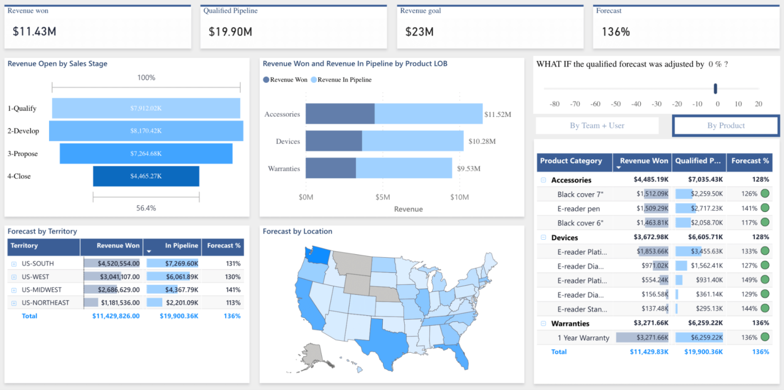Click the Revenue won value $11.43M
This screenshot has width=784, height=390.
coord(34,32)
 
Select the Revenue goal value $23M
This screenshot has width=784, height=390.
coord(419,32)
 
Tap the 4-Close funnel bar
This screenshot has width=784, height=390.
coord(146,176)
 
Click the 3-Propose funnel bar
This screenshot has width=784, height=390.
coord(146,153)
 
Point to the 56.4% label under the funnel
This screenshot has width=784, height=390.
coord(146,208)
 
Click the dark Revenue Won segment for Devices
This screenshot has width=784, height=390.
coord(333,141)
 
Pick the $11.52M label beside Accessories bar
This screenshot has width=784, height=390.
coord(497,114)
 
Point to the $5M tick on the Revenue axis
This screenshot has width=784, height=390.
coord(382,197)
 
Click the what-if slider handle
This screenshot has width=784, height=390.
coord(715,88)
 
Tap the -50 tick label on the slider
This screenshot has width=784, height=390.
coord(616,104)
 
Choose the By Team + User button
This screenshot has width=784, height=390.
coord(597,126)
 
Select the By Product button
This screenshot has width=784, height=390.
coord(726,126)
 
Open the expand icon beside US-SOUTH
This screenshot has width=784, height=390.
coord(13,264)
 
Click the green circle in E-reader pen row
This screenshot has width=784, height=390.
coord(765,208)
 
